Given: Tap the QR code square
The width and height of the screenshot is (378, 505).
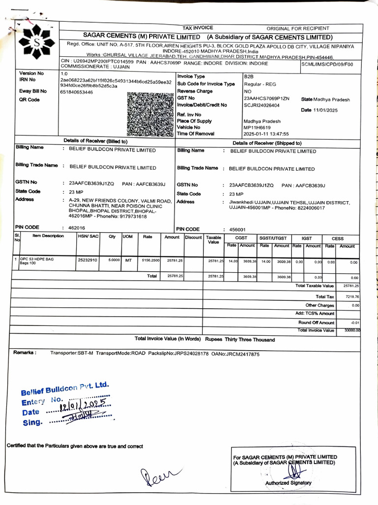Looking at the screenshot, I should (150, 114).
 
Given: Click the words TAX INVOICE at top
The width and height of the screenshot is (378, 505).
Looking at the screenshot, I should (198, 28).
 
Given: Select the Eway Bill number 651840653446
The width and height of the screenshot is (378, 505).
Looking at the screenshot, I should (76, 92).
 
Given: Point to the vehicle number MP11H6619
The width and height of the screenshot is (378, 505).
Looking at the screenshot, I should (257, 127).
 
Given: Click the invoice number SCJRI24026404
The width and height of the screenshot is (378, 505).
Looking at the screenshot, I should (261, 105).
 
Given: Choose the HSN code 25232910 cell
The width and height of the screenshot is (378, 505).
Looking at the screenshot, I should (88, 259).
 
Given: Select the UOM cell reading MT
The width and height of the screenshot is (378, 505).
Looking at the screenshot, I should (128, 259).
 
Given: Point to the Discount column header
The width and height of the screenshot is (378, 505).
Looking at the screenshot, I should (193, 237).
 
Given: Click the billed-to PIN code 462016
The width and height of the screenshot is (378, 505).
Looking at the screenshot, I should (77, 228).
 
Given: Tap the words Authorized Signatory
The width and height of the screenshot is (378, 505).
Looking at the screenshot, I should (288, 483).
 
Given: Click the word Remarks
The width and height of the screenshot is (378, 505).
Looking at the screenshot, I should (25, 353).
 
